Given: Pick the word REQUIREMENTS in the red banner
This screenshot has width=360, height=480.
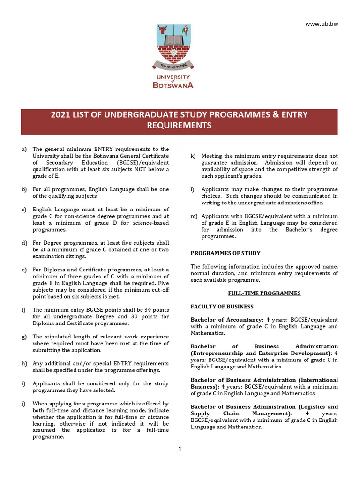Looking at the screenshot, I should (180, 126).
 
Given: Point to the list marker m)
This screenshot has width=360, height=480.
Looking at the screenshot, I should (193, 216).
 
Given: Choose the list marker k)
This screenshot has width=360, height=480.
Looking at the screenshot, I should (193, 156).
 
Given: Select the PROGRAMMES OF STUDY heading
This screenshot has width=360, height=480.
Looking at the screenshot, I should (225, 253).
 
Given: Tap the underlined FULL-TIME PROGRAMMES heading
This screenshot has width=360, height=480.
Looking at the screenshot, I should (264, 293).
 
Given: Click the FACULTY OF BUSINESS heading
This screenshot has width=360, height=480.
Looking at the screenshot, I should (222, 307).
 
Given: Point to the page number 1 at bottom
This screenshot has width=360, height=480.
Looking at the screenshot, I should (180, 449).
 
